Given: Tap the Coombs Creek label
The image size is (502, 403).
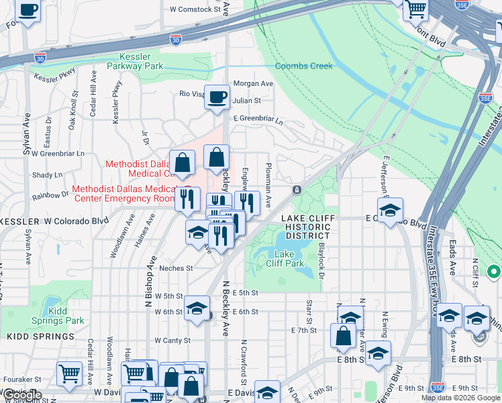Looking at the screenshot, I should tap(304, 66).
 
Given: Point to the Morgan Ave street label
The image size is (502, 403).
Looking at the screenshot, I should tap(253, 84).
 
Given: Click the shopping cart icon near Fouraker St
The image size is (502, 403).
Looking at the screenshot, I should tap(70, 375).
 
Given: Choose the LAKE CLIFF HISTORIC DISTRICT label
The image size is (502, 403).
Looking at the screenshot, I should tap(305, 227).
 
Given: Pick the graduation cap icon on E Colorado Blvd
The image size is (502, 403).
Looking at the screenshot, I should tap(390, 211).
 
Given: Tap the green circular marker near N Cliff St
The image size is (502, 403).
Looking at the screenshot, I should tap(494, 272).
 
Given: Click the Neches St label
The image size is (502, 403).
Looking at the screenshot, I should tap(176, 268).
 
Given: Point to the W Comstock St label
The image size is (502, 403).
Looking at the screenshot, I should tap(195, 10).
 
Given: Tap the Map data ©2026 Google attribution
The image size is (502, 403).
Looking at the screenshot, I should tap(460, 398).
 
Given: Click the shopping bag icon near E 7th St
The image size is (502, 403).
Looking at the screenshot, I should tap(343, 337).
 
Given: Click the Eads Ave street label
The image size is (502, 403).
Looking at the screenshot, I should tap(452, 254).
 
